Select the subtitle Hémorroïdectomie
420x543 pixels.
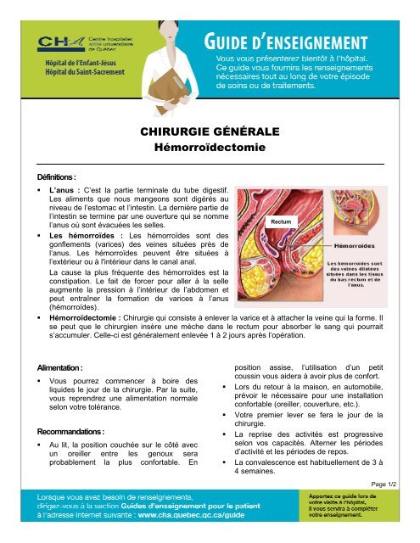[210, 147]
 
